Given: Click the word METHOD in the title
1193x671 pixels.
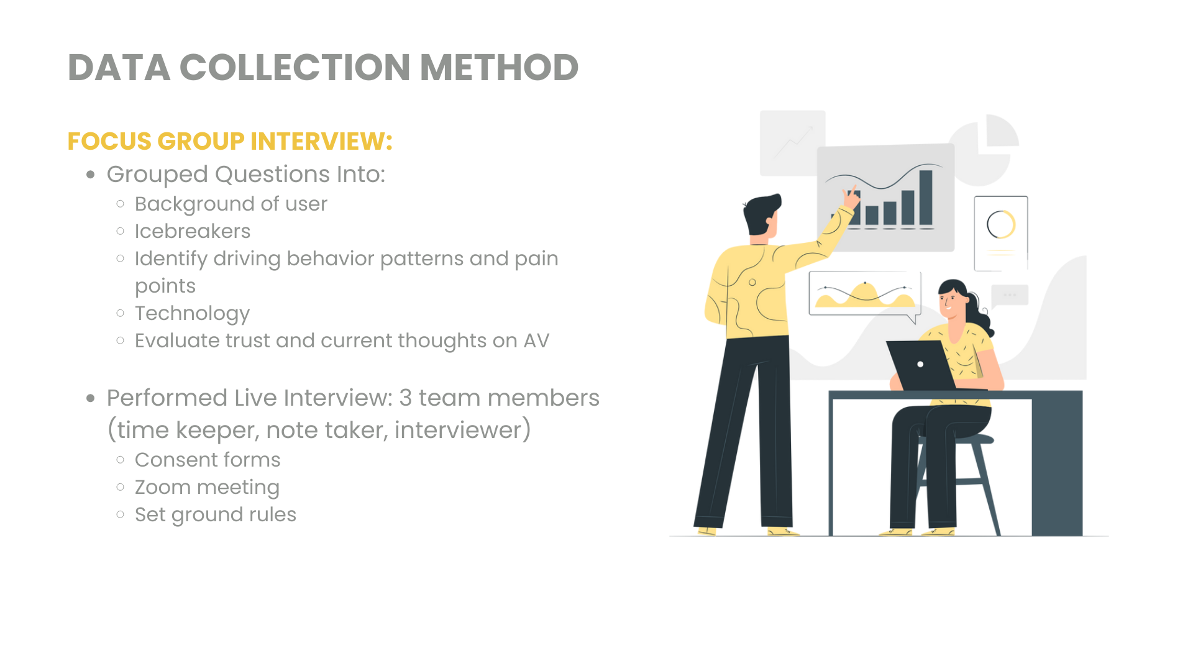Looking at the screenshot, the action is coord(499,67).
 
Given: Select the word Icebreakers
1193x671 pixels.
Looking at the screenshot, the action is coord(193,231).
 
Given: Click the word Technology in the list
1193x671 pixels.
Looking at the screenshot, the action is coord(193,313).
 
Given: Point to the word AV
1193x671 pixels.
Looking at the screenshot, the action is coord(536,340).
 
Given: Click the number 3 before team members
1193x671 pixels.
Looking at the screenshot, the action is coord(406,398).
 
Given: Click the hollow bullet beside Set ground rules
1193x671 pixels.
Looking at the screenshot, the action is coord(121,514).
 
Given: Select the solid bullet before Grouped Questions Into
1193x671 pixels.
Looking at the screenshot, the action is coord(91,175).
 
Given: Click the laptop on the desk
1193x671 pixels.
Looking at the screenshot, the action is coord(921,365).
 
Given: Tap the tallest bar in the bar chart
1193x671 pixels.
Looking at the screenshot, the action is coord(926,198).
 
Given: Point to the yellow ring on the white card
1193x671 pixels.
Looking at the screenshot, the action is coord(1001,224).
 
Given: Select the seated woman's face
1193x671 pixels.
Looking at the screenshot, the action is coord(951,303).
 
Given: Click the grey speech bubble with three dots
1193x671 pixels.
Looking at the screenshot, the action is coord(1010,295).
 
